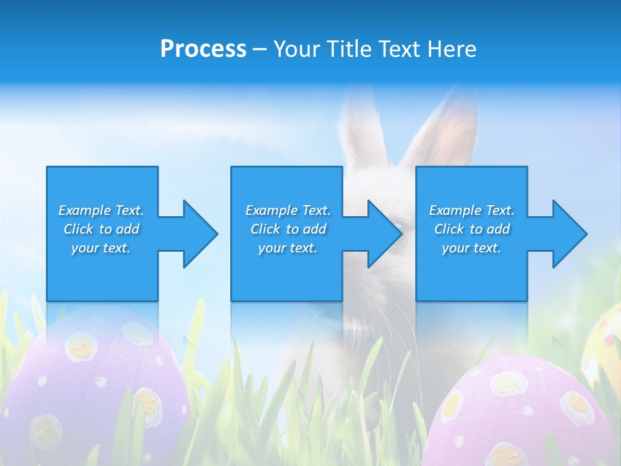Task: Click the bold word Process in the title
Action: pos(203,49)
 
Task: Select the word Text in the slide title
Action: pos(398,49)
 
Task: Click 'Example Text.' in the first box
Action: pos(101,210)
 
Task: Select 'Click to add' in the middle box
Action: pos(288,229)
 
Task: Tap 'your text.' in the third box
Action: pos(472,248)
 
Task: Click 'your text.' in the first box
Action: pos(101,248)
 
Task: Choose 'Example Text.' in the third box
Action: pos(472,210)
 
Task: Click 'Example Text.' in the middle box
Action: pos(288,210)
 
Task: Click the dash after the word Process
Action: pos(260,49)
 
